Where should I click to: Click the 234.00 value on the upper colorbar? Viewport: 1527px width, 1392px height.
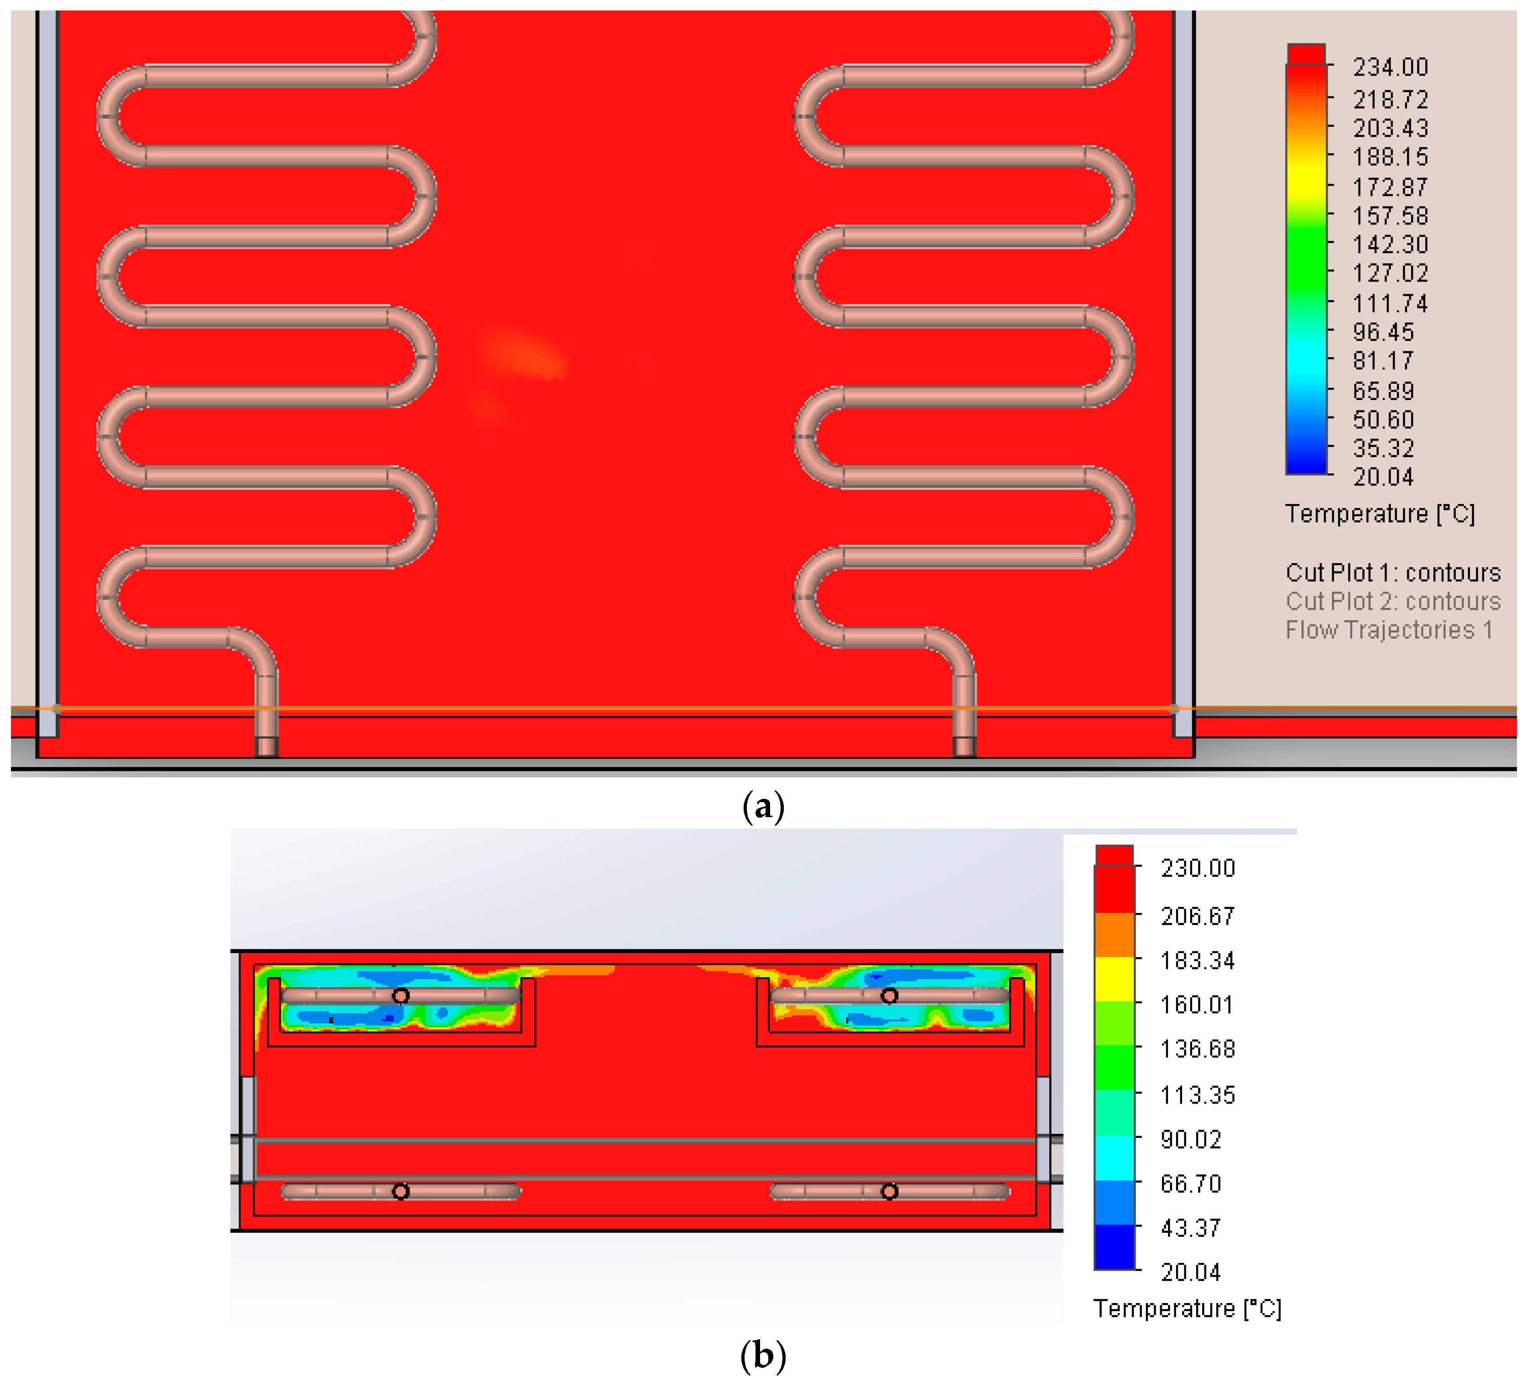[x=1390, y=68]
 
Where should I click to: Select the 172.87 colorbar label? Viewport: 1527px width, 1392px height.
[x=1390, y=186]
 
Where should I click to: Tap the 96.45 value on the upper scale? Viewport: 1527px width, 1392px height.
[x=1383, y=332]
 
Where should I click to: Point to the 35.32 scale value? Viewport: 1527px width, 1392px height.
[x=1383, y=448]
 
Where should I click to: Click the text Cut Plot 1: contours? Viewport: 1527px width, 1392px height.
[x=1392, y=573]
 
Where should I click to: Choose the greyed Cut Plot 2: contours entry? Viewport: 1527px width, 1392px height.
[x=1392, y=601]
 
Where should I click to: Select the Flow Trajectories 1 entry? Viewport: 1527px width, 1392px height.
[x=1388, y=630]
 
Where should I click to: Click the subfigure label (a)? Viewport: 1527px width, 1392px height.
[x=763, y=808]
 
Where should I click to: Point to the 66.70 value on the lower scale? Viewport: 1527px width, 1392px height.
[x=1191, y=1183]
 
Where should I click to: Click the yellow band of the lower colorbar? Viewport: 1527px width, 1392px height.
[x=1114, y=979]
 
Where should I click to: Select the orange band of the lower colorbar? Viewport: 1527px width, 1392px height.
[x=1114, y=934]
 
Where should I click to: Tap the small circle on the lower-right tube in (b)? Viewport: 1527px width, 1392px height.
[x=889, y=1191]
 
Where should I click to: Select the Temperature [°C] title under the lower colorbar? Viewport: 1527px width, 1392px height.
[x=1187, y=1309]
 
